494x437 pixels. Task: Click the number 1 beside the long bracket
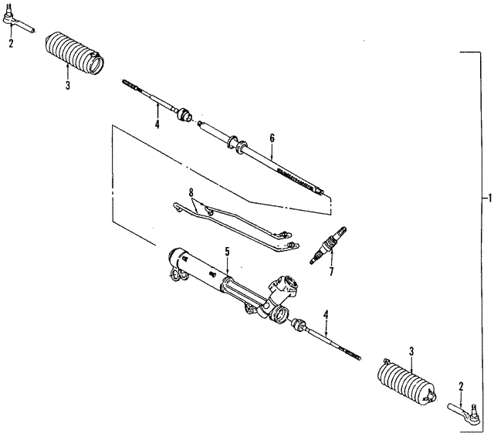click(487, 198)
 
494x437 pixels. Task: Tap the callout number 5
click(227, 251)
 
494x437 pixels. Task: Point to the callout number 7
click(330, 271)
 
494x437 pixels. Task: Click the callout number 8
click(191, 191)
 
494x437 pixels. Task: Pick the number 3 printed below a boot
click(67, 86)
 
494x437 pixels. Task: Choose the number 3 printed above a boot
click(411, 351)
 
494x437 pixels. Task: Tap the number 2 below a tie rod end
click(11, 43)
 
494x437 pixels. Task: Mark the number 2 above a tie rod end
click(461, 385)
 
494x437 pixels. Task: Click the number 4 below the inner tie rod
click(157, 124)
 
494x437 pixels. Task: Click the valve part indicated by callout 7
click(327, 245)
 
